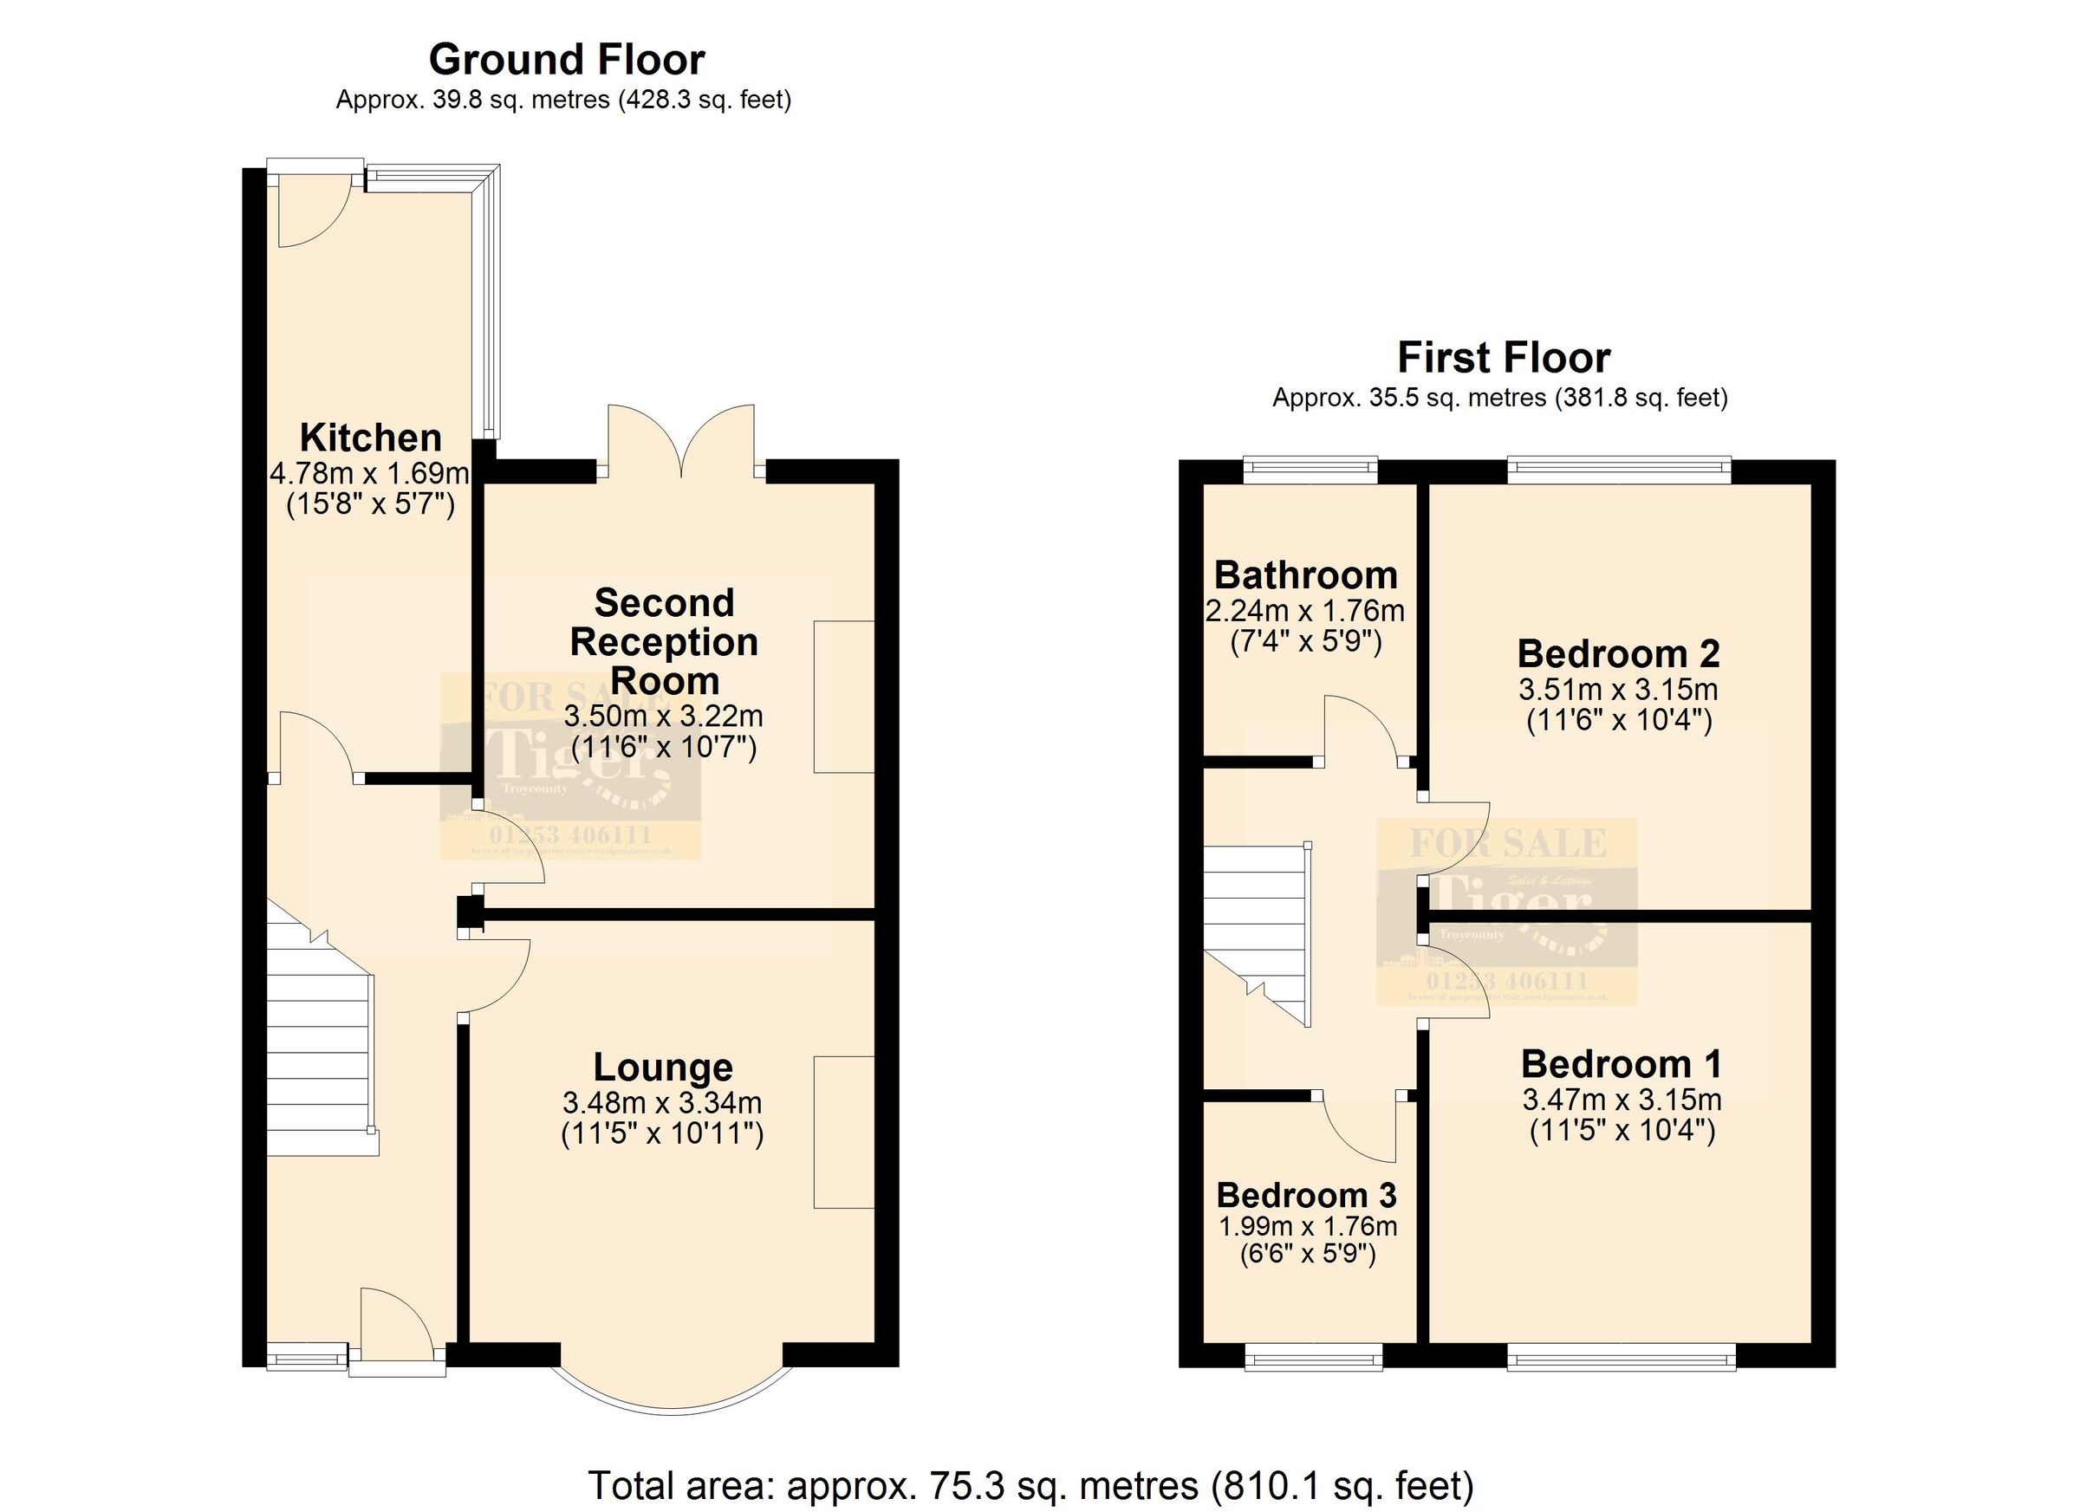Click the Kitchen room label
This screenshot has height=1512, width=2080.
pyautogui.click(x=371, y=438)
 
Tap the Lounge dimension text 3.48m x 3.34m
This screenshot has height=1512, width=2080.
pyautogui.click(x=662, y=1103)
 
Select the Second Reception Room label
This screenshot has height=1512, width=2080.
pyautogui.click(x=664, y=642)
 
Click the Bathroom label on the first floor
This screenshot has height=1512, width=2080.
pyautogui.click(x=1305, y=576)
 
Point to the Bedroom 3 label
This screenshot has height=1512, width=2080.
pyautogui.click(x=1306, y=1196)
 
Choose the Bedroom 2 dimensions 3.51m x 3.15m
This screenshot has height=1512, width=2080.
pyautogui.click(x=1619, y=690)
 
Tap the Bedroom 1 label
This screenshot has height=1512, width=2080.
pyautogui.click(x=1621, y=1065)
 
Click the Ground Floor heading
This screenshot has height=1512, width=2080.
pyautogui.click(x=566, y=61)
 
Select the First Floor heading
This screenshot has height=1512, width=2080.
pyautogui.click(x=1503, y=358)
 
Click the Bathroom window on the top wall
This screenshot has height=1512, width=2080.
pyautogui.click(x=1310, y=470)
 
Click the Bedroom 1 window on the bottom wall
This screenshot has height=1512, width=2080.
pyautogui.click(x=1621, y=1357)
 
